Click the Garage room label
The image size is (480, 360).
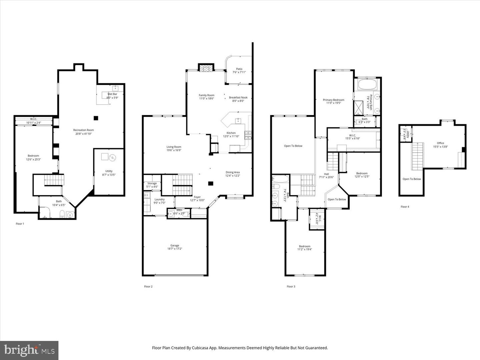pyautogui.click(x=175, y=245)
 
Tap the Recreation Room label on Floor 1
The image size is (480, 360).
pyautogui.click(x=83, y=130)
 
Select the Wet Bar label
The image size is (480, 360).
pyautogui.click(x=112, y=94)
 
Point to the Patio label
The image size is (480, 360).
pyautogui.click(x=239, y=69)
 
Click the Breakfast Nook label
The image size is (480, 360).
pyautogui.click(x=238, y=97)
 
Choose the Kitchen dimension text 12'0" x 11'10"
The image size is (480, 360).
pyautogui.click(x=231, y=136)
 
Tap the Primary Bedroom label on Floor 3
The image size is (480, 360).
pyautogui.click(x=333, y=100)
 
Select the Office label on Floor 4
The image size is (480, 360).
pyautogui.click(x=440, y=143)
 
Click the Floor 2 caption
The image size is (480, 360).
pyautogui.click(x=148, y=286)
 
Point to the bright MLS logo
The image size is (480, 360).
pyautogui.click(x=29, y=350)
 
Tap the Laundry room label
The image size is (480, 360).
pyautogui.click(x=159, y=199)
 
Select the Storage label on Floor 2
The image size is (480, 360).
pyautogui.click(x=152, y=183)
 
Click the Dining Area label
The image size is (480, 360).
pyautogui.click(x=232, y=172)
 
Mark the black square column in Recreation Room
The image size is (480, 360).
pyautogui.click(x=96, y=118)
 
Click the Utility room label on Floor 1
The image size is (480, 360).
pyautogui.click(x=109, y=171)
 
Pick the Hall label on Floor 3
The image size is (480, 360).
pyautogui.click(x=326, y=174)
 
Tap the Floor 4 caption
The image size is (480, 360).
pyautogui.click(x=405, y=207)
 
